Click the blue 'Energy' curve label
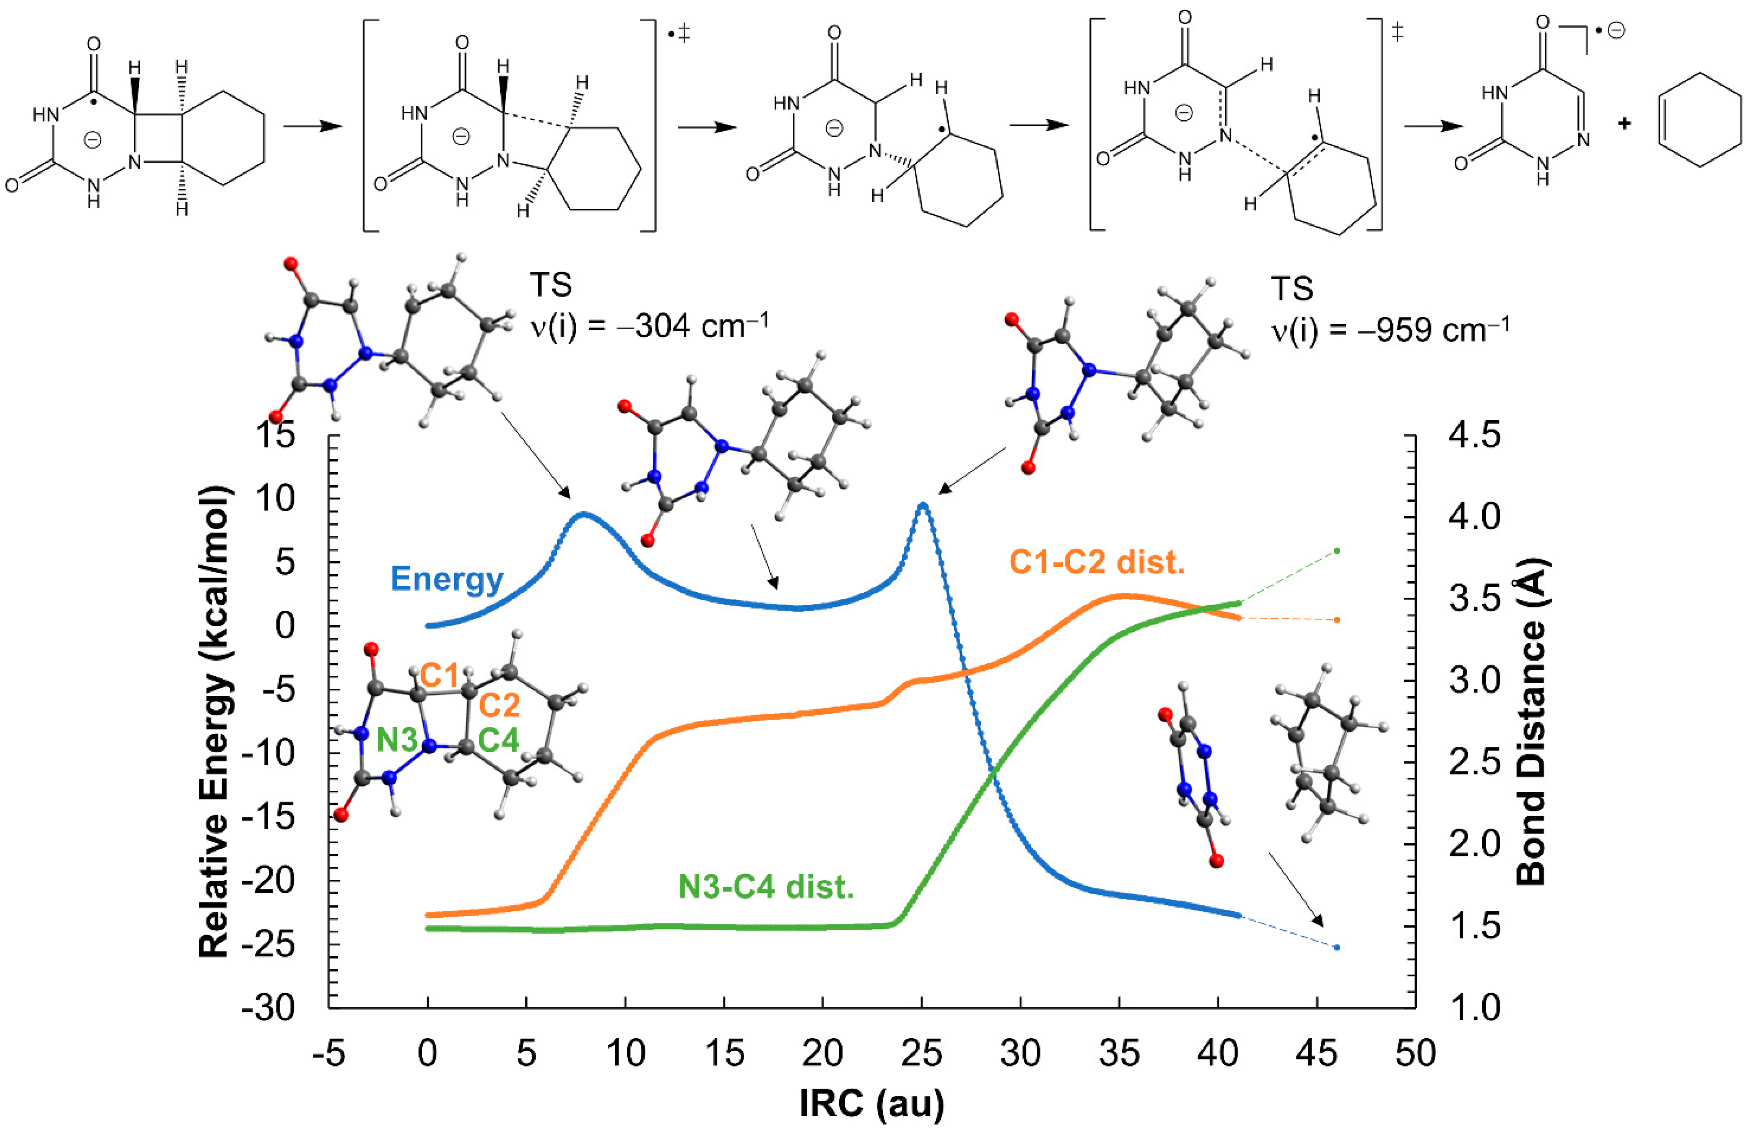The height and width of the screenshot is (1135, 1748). [446, 579]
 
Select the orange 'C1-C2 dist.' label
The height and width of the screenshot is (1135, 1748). [1097, 563]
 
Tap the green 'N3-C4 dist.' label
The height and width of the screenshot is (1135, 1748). [766, 887]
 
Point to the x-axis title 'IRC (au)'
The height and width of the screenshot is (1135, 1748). [872, 1103]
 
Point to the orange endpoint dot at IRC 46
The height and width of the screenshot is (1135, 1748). [1337, 620]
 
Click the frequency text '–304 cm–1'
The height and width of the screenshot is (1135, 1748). [701, 325]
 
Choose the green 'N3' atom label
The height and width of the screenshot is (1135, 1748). [396, 740]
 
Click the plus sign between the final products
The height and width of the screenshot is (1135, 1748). [1625, 123]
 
